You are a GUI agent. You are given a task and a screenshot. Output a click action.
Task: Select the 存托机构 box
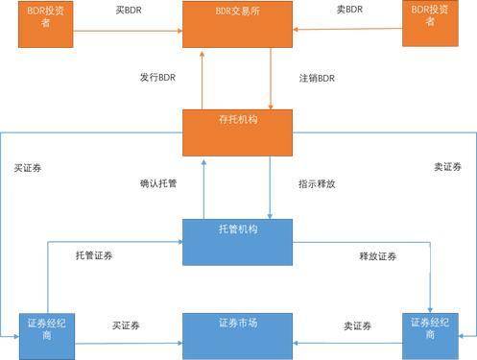tap(237, 132)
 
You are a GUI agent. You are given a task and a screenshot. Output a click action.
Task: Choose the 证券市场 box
tap(237, 334)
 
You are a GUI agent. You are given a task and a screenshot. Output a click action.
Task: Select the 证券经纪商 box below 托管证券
tap(46, 333)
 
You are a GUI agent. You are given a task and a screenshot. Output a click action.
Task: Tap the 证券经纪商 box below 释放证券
tap(429, 333)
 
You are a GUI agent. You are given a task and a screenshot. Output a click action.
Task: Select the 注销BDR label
tap(318, 77)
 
